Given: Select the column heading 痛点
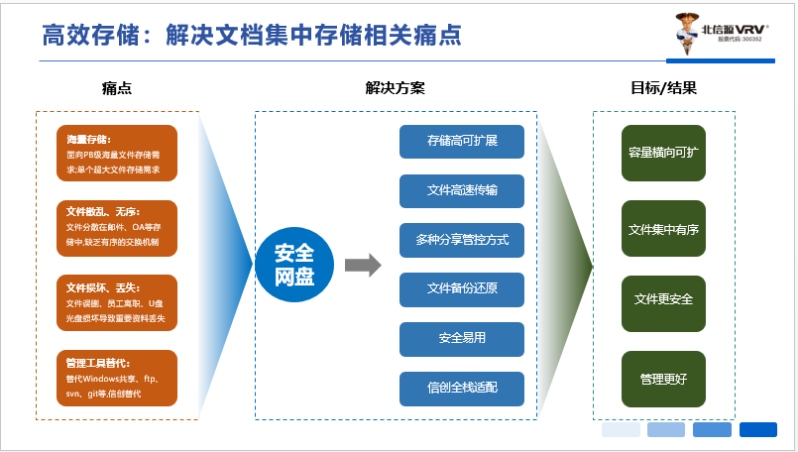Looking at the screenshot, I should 116,88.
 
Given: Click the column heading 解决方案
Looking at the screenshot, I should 395,88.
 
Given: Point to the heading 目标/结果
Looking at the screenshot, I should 663,88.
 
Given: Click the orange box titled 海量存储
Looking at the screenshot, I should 116,154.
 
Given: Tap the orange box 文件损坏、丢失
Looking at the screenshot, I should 116,303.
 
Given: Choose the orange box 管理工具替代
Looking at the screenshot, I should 116,378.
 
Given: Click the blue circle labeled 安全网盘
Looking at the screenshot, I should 294,265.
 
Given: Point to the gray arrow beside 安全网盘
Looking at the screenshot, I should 363,265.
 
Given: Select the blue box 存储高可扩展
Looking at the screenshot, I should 461,142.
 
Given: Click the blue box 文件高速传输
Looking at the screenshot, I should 461,190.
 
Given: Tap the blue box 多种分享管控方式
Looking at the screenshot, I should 461,240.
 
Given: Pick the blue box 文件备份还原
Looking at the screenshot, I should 461,289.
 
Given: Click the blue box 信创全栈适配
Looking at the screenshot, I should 461,388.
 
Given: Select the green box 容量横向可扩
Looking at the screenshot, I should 663,154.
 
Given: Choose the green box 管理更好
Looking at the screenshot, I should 663,378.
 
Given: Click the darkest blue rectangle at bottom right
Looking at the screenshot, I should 757,429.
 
